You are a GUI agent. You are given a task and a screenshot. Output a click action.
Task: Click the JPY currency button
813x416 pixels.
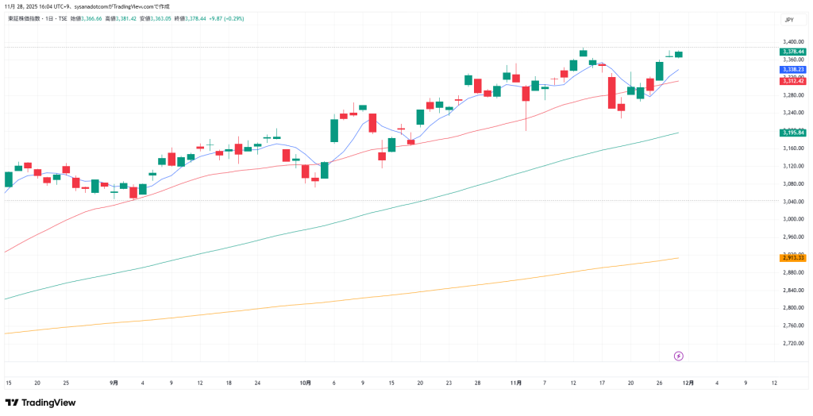click(789, 20)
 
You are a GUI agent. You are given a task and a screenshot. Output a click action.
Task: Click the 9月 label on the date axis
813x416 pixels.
click(114, 383)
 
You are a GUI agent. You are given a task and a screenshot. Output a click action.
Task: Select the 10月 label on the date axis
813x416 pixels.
click(306, 383)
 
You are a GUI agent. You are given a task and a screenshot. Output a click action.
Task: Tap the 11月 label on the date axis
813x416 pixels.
click(516, 383)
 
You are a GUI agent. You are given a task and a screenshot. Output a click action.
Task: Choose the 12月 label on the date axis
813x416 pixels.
click(688, 383)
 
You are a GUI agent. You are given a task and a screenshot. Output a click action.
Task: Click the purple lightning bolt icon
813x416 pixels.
click(679, 356)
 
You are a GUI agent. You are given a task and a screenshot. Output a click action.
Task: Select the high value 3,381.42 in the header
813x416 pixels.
click(122, 17)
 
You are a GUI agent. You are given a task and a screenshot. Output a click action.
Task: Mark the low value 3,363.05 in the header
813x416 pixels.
click(157, 17)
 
